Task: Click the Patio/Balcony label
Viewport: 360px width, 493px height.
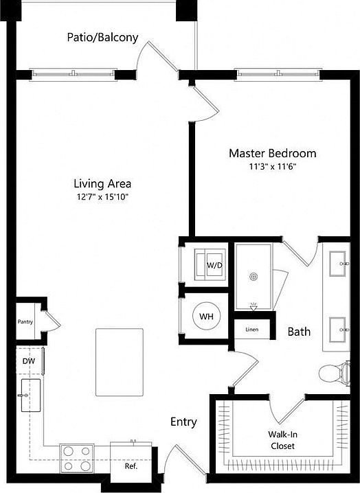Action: click(102, 37)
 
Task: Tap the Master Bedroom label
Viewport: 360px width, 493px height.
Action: click(272, 153)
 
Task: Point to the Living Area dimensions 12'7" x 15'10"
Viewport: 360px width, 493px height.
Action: click(102, 197)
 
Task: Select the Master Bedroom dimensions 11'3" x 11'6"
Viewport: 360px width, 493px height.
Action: click(272, 166)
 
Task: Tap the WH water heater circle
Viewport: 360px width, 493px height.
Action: click(205, 317)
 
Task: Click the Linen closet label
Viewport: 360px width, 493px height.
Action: click(251, 330)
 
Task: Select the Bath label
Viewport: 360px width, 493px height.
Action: click(298, 332)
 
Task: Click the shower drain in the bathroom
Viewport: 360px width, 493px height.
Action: click(254, 277)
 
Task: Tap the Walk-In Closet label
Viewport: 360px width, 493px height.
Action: click(282, 439)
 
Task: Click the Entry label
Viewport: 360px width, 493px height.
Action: click(183, 422)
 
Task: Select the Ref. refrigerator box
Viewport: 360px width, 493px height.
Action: click(131, 465)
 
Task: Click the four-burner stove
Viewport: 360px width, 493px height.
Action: click(78, 458)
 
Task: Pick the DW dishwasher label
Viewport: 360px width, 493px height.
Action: click(27, 359)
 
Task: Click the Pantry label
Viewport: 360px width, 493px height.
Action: click(26, 321)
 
